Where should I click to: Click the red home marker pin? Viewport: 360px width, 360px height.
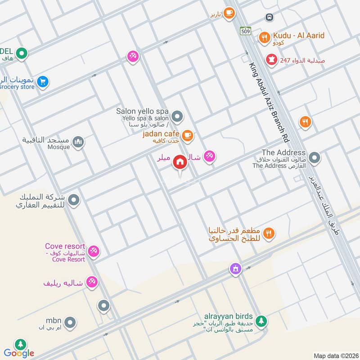(180, 162)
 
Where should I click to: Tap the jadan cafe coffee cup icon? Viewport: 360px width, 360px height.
(188, 135)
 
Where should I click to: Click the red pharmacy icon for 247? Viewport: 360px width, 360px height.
(271, 59)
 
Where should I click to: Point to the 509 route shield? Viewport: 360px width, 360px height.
(245, 31)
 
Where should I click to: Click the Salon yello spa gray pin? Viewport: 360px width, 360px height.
(177, 117)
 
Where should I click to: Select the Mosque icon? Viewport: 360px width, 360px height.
(78, 142)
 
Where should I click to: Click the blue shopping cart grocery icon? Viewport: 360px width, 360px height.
(43, 81)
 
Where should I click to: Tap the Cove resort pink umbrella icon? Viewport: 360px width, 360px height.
(94, 251)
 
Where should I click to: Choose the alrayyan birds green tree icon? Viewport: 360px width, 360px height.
(261, 321)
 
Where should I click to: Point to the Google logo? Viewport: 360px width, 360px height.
(19, 353)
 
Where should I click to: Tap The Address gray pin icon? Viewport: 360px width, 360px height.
(315, 158)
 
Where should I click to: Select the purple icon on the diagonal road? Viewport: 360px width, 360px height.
(234, 269)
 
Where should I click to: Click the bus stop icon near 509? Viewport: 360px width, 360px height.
(269, 17)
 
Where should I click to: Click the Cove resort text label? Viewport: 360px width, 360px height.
(65, 246)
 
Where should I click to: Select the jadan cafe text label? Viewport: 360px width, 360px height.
(161, 134)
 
